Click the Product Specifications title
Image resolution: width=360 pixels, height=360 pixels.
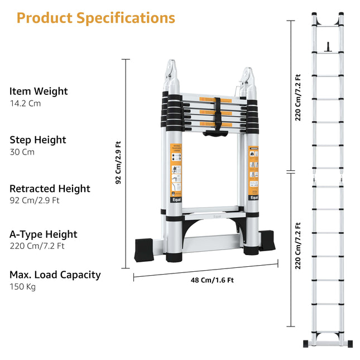coord(95,18)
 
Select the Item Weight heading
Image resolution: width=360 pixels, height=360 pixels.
coord(39,91)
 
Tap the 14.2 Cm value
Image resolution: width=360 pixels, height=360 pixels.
coord(25,103)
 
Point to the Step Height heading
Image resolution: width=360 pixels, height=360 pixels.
coord(38,140)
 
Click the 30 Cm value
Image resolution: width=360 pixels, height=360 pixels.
coord(21,152)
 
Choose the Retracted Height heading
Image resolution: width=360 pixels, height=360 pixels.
coord(50,189)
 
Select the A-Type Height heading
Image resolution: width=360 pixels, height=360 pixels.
coord(44,234)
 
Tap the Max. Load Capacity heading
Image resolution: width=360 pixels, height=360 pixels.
coord(55,275)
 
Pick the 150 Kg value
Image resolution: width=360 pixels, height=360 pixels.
coord(22,287)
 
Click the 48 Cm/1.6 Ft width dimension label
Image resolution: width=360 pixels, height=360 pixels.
coord(212,280)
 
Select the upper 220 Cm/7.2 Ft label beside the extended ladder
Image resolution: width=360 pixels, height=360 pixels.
coord(298,98)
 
